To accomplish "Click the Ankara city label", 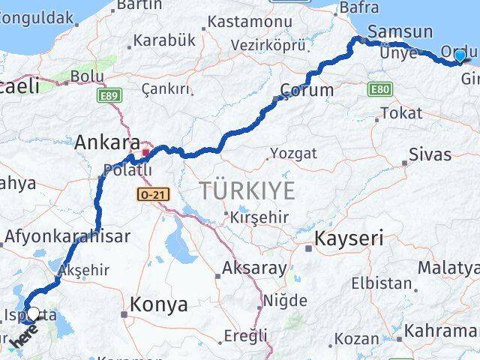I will [107, 142].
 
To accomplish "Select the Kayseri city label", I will [349, 239].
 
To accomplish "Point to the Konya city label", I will [158, 304].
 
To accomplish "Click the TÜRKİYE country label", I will [247, 191].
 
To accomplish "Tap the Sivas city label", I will [430, 154].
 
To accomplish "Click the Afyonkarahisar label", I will [67, 236].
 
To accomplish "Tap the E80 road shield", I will [379, 89].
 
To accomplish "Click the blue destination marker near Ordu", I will [460, 56].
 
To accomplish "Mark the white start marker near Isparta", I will [32, 314].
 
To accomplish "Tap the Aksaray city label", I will [254, 268].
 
